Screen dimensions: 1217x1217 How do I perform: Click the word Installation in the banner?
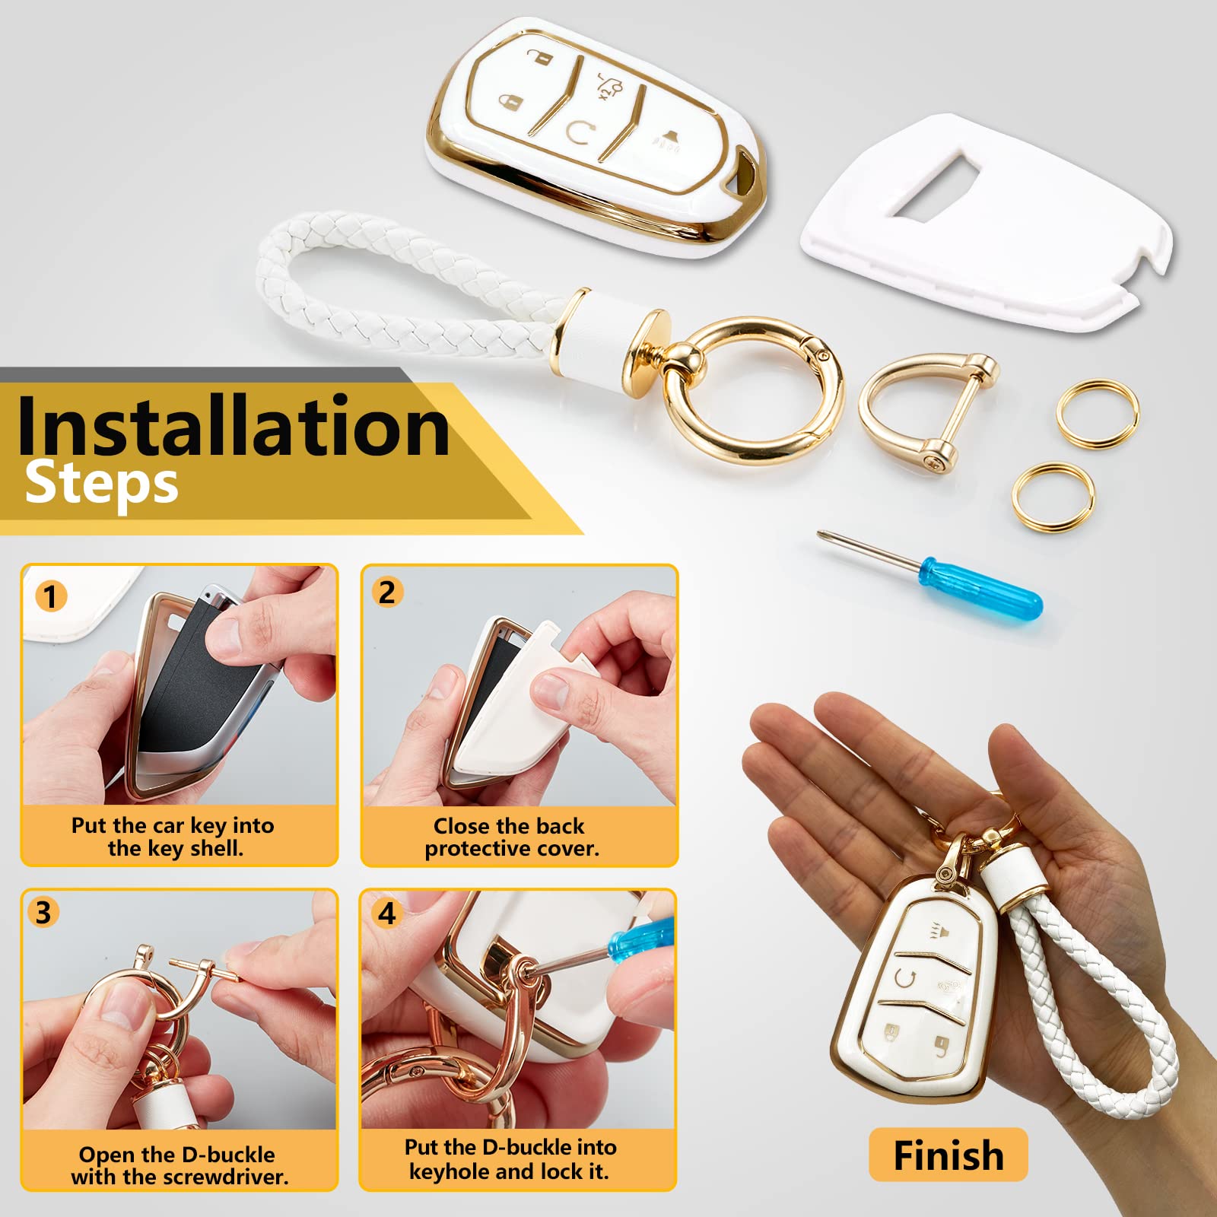coord(233,426)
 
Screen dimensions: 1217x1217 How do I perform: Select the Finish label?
coord(948,1155)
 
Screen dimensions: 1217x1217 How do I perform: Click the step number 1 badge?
coord(51,596)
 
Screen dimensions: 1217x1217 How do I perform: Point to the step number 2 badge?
coord(387,592)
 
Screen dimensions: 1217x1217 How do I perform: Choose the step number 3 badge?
coord(43,912)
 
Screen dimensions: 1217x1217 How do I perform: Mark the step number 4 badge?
coord(387,913)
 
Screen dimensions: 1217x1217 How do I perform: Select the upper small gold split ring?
coord(1098,414)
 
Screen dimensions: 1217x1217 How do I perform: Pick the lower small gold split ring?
coord(1053,497)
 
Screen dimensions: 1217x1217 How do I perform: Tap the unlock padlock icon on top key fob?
coord(541,56)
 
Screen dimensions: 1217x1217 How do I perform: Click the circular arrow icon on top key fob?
coord(580,132)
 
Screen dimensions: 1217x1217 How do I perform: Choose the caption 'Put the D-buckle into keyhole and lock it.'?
coord(510,1159)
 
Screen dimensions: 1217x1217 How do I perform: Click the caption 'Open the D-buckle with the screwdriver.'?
coord(179,1165)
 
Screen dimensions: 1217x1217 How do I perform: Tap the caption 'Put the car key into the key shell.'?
coord(173,837)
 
